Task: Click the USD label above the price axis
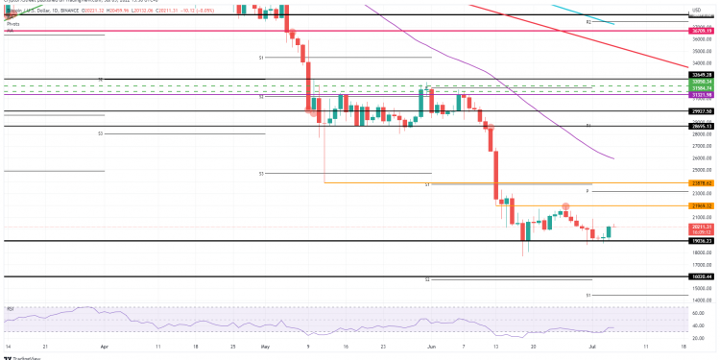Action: point(697,9)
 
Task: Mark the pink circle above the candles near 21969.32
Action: point(566,205)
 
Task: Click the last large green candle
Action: point(609,231)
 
